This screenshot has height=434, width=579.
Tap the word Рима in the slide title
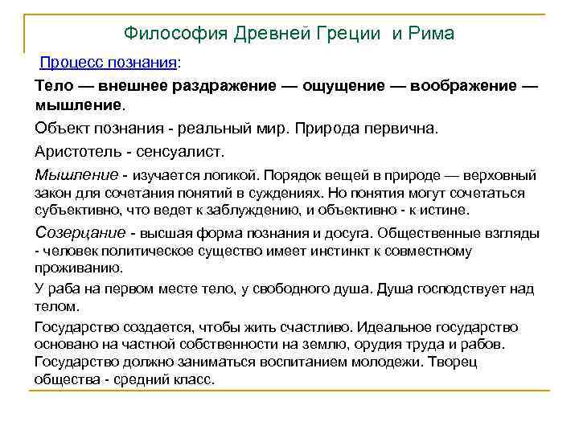(x=432, y=34)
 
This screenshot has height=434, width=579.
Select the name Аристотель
(x=76, y=151)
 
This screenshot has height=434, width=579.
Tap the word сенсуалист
(x=181, y=151)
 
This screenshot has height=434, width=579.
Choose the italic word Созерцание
(x=80, y=234)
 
